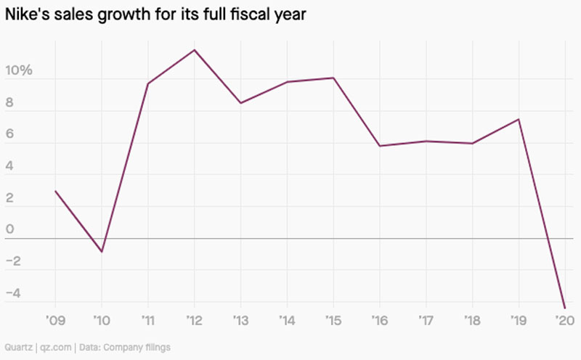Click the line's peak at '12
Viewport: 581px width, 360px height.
195,49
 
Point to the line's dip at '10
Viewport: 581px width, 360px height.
102,252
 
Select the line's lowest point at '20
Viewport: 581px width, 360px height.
564,308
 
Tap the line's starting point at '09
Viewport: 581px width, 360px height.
55,191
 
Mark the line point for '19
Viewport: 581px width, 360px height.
519,119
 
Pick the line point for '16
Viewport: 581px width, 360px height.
379,146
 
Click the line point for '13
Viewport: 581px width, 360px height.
240,103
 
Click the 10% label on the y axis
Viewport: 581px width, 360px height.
19,71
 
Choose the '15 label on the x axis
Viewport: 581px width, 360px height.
333,320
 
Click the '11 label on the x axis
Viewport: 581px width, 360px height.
148,320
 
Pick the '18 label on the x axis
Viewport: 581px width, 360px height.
472,320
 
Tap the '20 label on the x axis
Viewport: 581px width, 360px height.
564,320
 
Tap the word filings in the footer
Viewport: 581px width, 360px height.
156,348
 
